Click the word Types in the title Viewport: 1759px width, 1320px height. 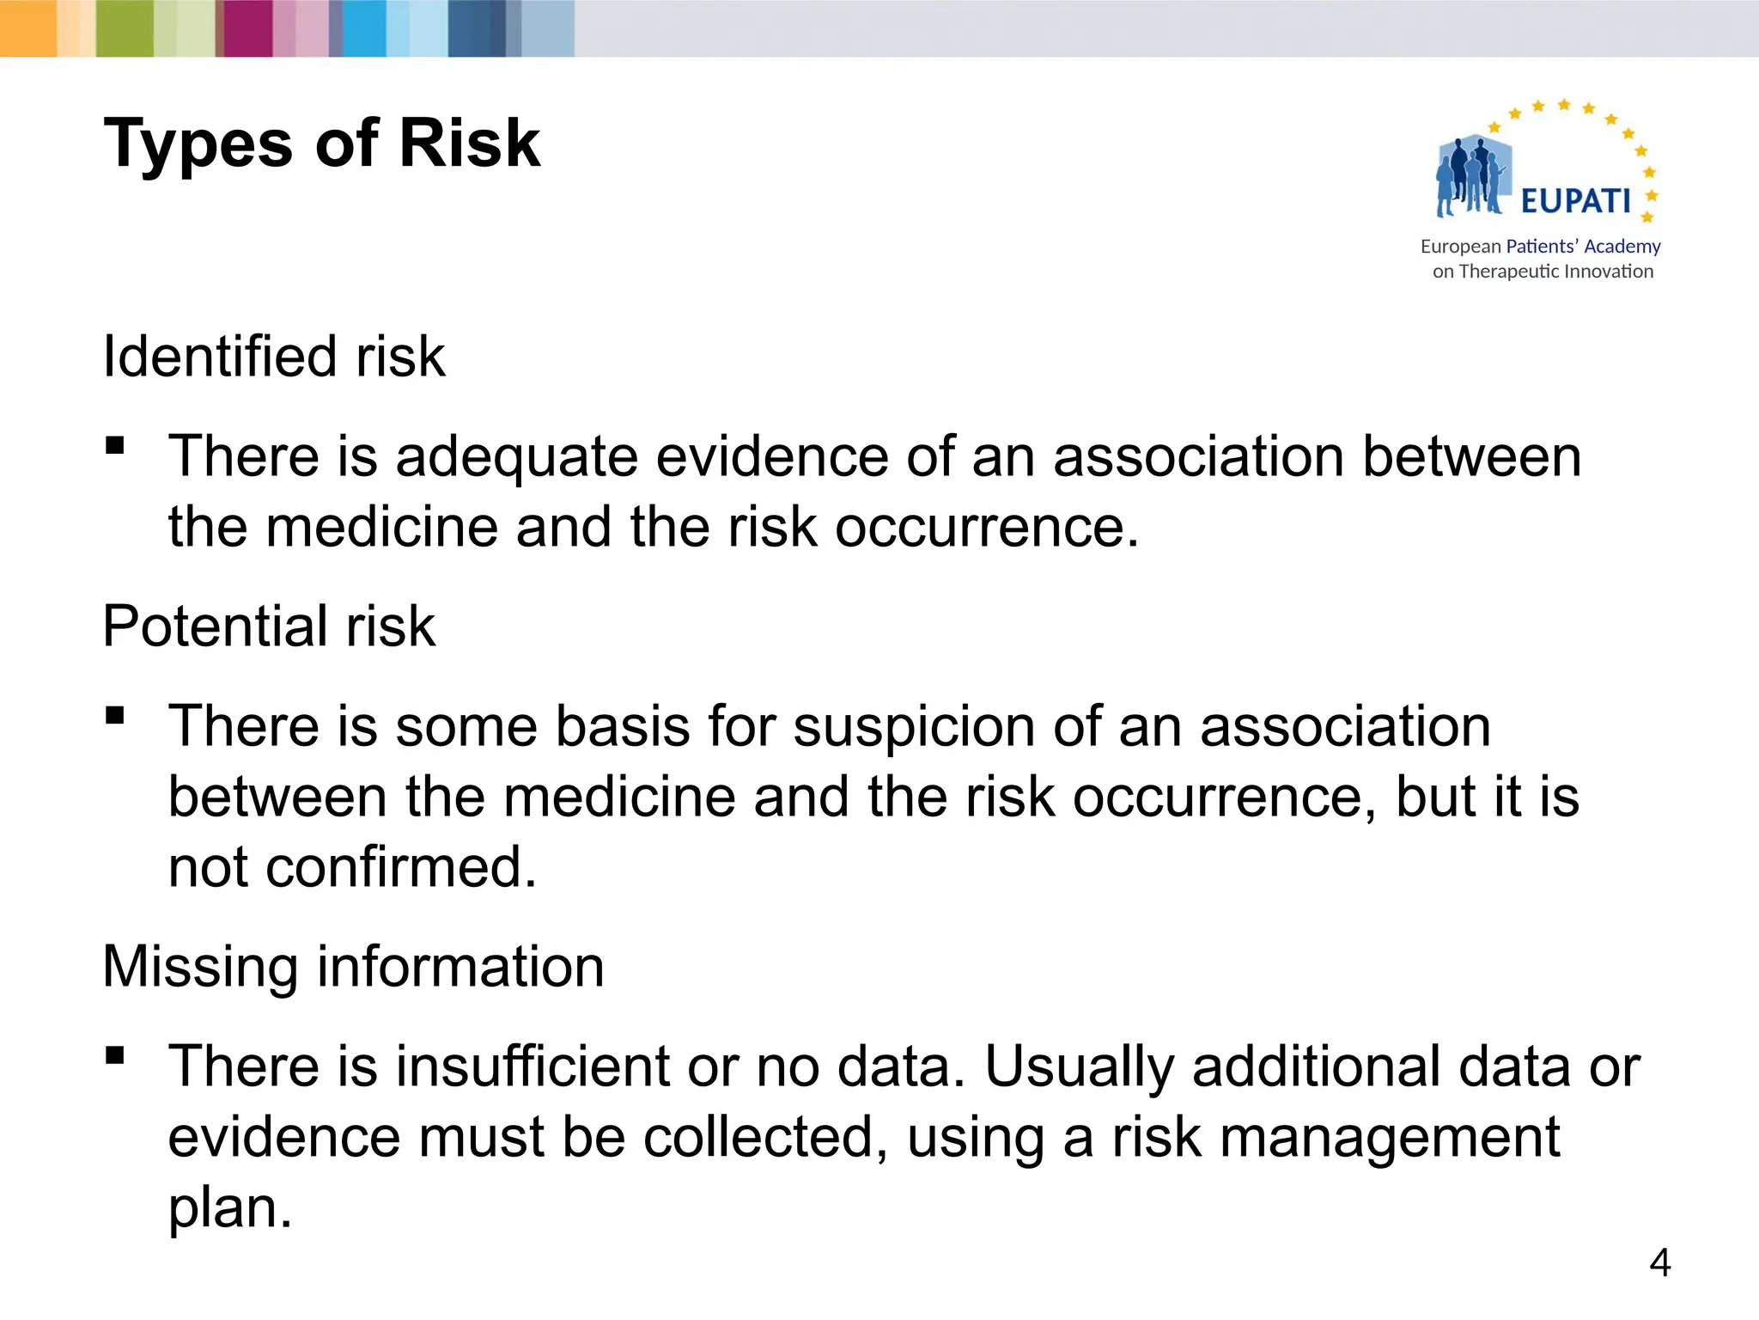coord(198,144)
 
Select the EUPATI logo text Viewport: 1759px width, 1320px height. coord(1575,201)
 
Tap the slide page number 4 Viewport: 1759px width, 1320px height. coord(1659,1262)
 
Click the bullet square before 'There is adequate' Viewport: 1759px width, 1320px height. coord(115,445)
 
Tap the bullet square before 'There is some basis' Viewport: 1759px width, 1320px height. coord(115,715)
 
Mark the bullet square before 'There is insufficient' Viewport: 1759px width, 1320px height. coord(115,1054)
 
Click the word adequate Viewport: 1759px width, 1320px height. coord(516,457)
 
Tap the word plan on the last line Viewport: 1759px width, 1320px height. coord(230,1209)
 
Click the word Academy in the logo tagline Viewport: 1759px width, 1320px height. coord(1622,247)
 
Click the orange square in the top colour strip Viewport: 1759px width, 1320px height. coord(28,28)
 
